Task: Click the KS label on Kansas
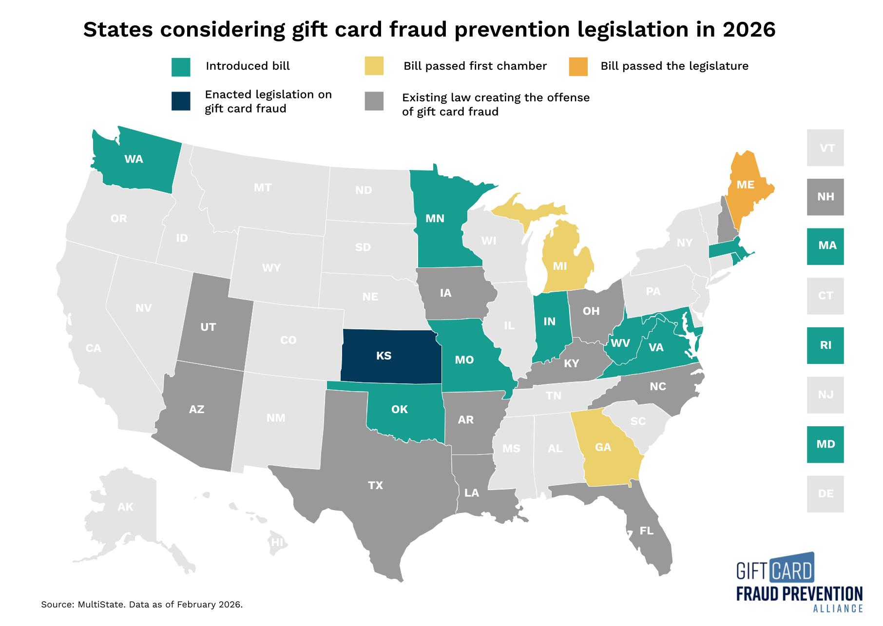[x=384, y=356]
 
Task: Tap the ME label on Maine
[x=745, y=185]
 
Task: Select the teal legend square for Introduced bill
[x=181, y=67]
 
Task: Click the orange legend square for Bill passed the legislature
[x=578, y=66]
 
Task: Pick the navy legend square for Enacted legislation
[x=181, y=101]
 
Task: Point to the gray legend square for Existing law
[x=374, y=101]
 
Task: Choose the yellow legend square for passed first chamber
[x=374, y=66]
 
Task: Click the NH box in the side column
[x=825, y=197]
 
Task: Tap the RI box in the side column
[x=825, y=345]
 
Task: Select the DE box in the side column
[x=825, y=493]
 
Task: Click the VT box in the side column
[x=825, y=148]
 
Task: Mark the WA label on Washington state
[x=134, y=159]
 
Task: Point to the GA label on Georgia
[x=603, y=447]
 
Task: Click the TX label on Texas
[x=375, y=485]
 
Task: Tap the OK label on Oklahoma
[x=399, y=409]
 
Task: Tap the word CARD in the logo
[x=791, y=570]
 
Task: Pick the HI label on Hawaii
[x=277, y=542]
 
